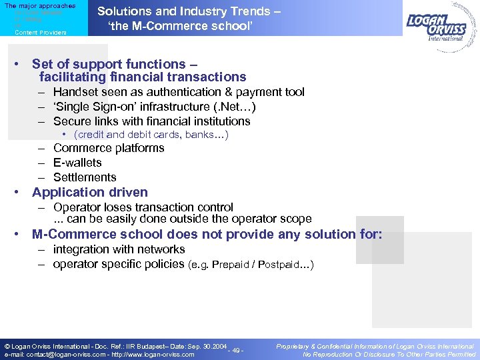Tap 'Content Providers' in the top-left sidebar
coord(41,32)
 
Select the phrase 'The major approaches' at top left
coord(40,5)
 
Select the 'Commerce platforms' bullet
coord(109,148)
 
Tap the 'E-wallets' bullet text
coord(77,163)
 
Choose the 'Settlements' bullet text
coord(85,177)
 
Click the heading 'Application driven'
coord(90,193)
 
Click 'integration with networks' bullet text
coord(119,249)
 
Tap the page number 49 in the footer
coord(235,350)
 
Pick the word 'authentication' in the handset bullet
coord(186,92)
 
